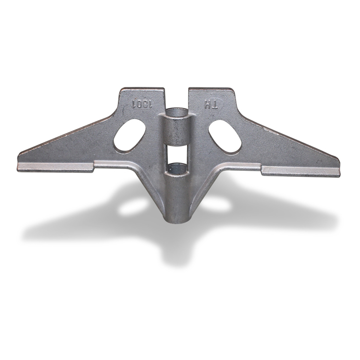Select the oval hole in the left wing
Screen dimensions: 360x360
pyautogui.click(x=129, y=135)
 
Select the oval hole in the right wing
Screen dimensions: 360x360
pyautogui.click(x=225, y=135)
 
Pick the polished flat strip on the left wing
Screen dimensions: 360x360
pyautogui.click(x=57, y=168)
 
